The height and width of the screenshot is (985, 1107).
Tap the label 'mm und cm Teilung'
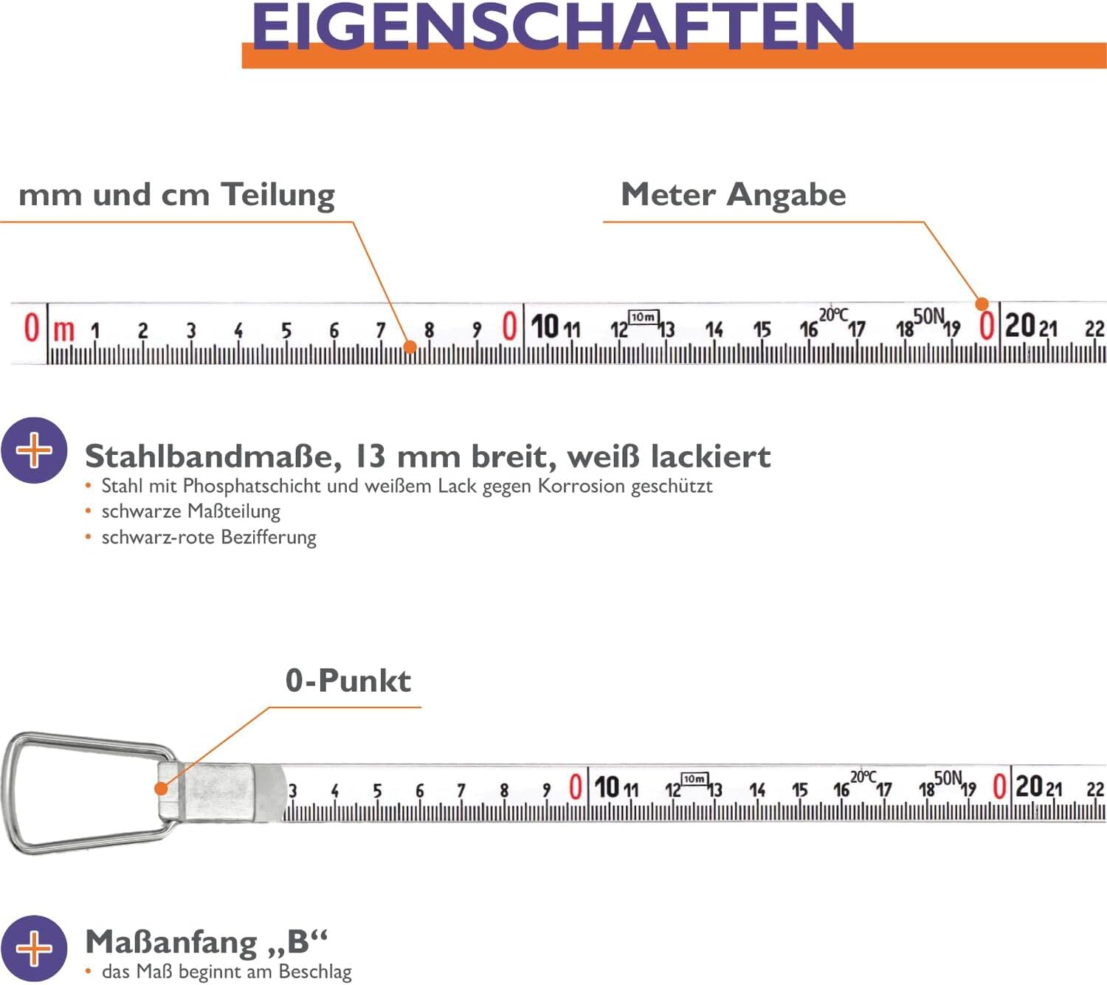tap(176, 195)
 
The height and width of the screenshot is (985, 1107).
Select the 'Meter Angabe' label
tap(733, 195)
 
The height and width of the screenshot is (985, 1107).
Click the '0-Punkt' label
tap(348, 681)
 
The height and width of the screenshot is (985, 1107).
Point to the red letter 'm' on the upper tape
tap(64, 330)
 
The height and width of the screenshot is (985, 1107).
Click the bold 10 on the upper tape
tap(545, 326)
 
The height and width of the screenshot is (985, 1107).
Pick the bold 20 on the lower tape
tap(1029, 786)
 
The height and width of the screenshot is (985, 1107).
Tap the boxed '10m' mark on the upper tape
tap(642, 317)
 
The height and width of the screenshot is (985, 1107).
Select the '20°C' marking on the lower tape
tap(863, 777)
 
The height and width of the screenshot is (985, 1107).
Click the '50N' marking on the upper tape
tap(928, 317)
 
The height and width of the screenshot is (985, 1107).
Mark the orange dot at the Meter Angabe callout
tap(982, 303)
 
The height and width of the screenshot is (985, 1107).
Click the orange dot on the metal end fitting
tap(161, 789)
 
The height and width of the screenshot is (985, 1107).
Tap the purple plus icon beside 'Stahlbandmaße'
tap(34, 450)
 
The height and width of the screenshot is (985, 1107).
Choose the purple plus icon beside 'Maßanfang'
tap(34, 948)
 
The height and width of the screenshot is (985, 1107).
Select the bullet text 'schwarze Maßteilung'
tap(190, 511)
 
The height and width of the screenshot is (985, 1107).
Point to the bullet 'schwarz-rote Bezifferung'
tap(209, 537)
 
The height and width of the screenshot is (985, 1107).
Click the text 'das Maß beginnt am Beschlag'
tap(227, 972)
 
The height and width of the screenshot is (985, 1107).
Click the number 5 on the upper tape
tap(286, 331)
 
